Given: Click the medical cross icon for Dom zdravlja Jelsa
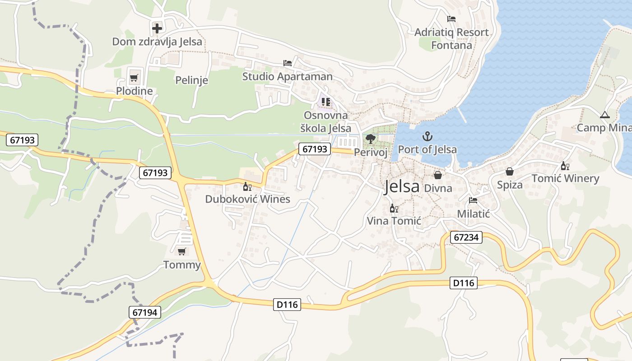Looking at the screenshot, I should coord(157,28).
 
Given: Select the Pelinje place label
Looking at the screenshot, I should coord(191,80).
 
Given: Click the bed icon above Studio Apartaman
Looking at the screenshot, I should coord(287,63).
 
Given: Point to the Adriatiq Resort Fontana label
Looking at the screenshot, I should coord(451,39).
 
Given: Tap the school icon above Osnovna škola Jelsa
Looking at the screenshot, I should coord(326,102).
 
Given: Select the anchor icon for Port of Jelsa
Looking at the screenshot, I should coord(427,136).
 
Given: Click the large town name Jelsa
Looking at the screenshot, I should coord(402,186).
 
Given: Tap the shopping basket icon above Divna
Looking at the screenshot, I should coord(438,175).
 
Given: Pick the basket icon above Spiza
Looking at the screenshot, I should coord(510,171).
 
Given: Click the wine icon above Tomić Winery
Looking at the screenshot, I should coord(565,166).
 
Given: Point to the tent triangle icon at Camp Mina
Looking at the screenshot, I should coord(605,115).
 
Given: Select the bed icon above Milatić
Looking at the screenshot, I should coord(473,200).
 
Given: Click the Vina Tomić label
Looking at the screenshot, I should coord(394,221).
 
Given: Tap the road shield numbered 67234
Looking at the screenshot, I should coord(466,237).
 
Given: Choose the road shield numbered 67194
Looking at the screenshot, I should coord(145,312).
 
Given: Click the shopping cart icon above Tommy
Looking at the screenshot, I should coord(182,251).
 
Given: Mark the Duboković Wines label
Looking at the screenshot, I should coord(247,199).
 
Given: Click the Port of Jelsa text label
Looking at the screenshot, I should coord(427,149).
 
